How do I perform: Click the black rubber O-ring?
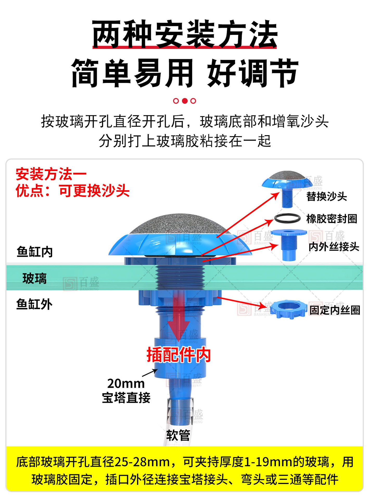tap(287, 218)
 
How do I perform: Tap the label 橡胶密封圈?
tap(332, 219)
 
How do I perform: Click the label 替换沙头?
tap(326, 196)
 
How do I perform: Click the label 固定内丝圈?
tap(335, 310)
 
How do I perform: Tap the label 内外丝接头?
tap(334, 247)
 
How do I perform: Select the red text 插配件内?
tap(179, 355)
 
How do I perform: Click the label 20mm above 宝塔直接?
tap(126, 384)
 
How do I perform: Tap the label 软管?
tap(178, 435)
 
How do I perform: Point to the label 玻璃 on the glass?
tap(34, 278)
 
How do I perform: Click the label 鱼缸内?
tap(35, 252)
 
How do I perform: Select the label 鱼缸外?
tap(34, 304)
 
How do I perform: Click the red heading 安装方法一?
tap(51, 174)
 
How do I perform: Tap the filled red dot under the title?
tap(184, 101)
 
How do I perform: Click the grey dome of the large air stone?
tap(180, 224)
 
